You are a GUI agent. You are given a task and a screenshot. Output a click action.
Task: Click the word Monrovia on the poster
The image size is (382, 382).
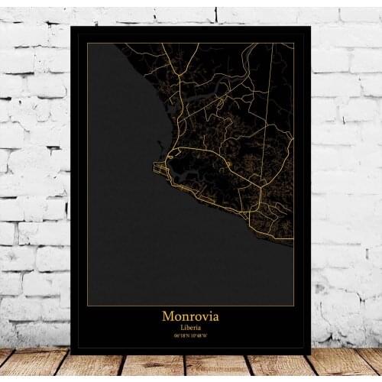pyautogui.click(x=190, y=316)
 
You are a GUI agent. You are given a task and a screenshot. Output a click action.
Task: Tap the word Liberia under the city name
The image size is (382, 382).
pyautogui.click(x=190, y=327)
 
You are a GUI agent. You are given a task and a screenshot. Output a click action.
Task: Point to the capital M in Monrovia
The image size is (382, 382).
pyautogui.click(x=167, y=316)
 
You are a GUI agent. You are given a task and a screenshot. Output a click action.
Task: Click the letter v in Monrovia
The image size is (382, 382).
pyautogui.click(x=200, y=316)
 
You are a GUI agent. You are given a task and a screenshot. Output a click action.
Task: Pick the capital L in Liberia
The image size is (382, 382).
pyautogui.click(x=180, y=327)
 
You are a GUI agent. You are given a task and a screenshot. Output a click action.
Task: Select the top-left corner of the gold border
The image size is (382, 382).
pyautogui.click(x=88, y=44)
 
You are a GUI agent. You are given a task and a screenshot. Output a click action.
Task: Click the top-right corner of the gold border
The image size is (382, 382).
pyautogui.click(x=294, y=44)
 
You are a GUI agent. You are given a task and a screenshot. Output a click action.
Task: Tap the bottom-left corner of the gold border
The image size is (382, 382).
pyautogui.click(x=88, y=306)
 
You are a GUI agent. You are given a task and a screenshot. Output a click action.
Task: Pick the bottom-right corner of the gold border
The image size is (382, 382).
pyautogui.click(x=294, y=306)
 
